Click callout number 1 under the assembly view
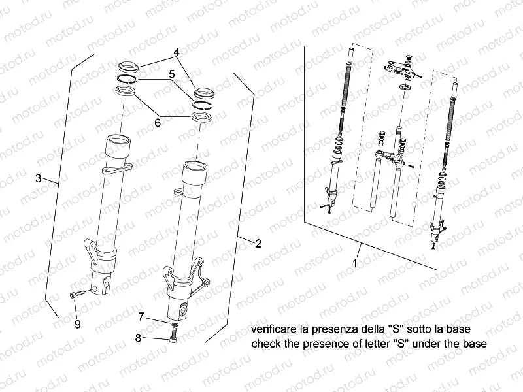[355, 264]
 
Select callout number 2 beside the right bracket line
[258, 244]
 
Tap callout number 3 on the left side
[39, 178]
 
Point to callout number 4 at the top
[176, 52]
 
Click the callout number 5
[171, 74]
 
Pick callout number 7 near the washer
[141, 316]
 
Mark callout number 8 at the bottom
[138, 338]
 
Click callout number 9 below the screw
[77, 323]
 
